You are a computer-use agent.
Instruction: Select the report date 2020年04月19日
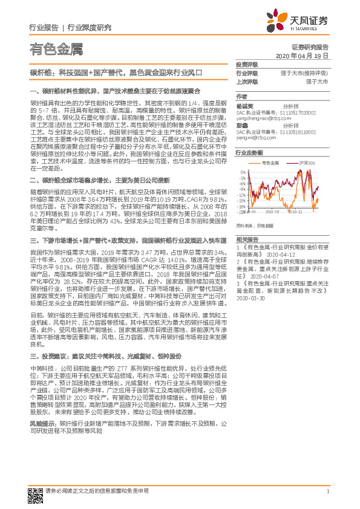302,55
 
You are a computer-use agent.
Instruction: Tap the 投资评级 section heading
246,64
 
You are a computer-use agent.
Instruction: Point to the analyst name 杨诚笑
245,105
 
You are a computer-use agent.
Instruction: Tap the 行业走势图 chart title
249,154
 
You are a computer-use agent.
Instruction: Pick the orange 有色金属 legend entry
270,164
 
